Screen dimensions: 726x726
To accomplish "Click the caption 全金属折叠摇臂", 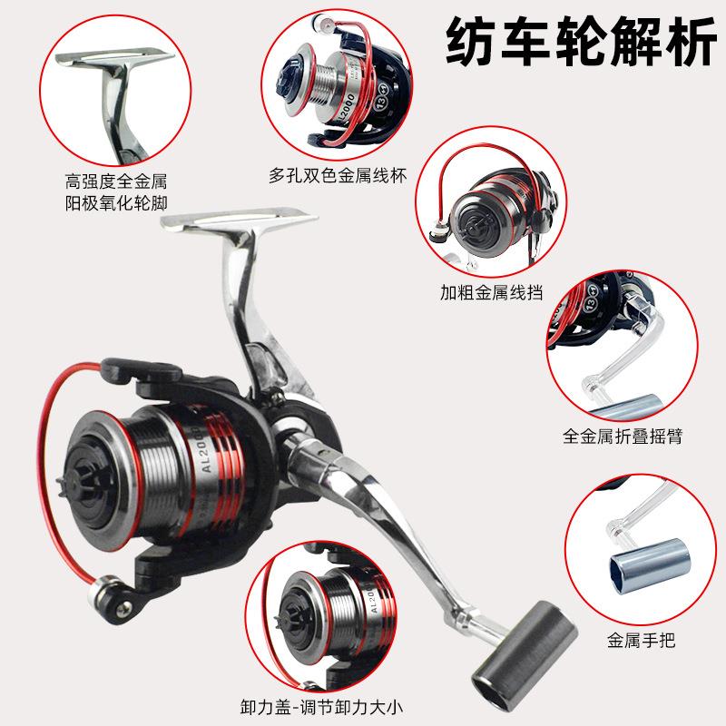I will pos(622,437).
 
